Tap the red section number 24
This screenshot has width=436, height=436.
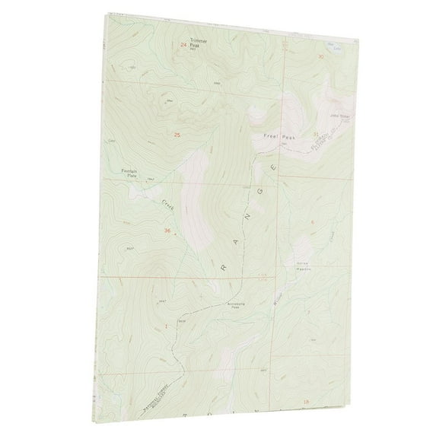183,46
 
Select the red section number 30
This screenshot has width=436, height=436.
320,56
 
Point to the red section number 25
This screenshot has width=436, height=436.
178,135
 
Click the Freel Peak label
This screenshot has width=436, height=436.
277,137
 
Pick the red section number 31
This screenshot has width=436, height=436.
315,134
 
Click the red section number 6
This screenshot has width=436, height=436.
312,221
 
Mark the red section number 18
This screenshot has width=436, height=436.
306,400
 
